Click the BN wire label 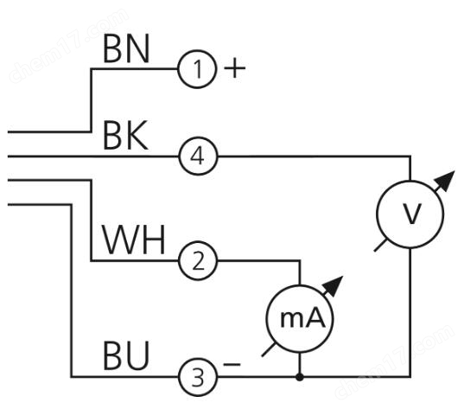[x=126, y=49]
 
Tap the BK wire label [x=125, y=136]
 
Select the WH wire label [x=133, y=240]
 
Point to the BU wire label [x=126, y=356]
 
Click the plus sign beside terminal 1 [x=235, y=68]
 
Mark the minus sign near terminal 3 [x=232, y=364]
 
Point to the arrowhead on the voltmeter [x=446, y=180]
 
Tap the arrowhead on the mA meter [x=334, y=285]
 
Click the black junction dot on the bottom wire [x=300, y=377]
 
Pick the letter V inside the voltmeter [x=412, y=214]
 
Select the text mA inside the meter [x=302, y=318]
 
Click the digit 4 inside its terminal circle [x=197, y=157]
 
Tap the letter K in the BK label [x=137, y=136]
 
